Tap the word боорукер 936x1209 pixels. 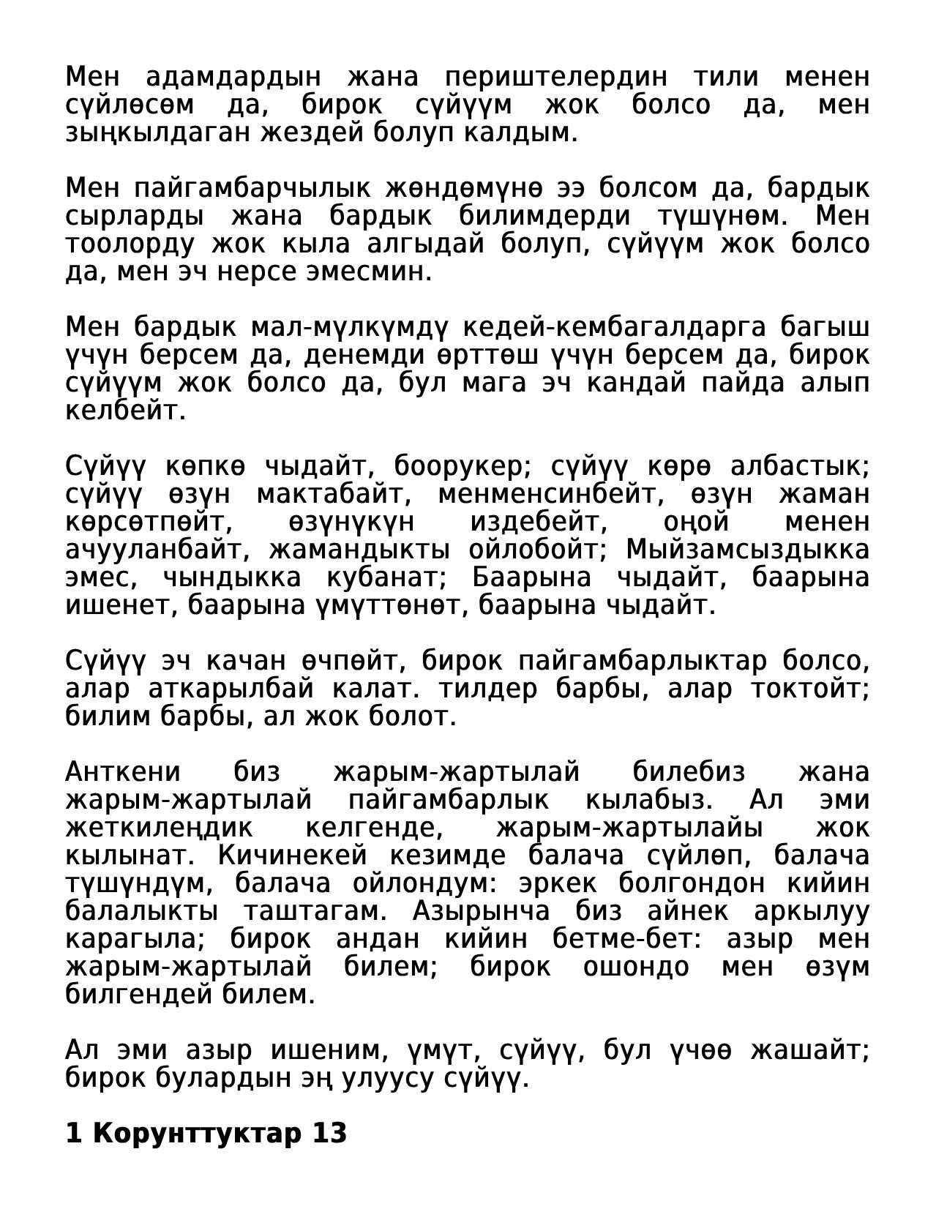click(x=467, y=466)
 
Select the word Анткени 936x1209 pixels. click(x=123, y=772)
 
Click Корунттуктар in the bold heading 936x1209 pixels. click(x=198, y=1134)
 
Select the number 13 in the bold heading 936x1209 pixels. click(x=329, y=1134)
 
